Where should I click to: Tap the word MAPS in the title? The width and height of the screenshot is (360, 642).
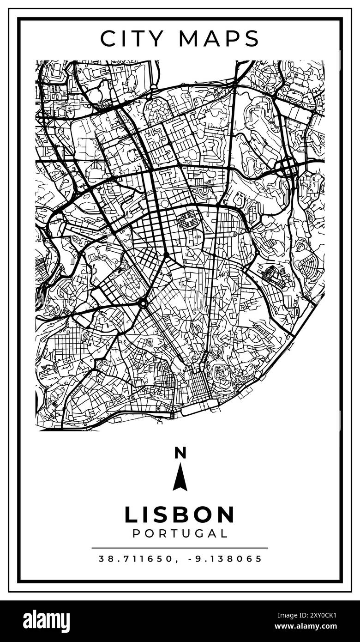(x=219, y=38)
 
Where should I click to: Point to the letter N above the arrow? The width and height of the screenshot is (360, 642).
(x=180, y=453)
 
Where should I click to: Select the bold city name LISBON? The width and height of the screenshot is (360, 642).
(x=180, y=515)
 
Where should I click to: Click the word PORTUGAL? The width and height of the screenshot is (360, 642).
(x=180, y=533)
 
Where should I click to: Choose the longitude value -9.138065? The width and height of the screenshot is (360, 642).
(x=225, y=558)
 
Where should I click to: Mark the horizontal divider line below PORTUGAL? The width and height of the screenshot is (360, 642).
(x=180, y=548)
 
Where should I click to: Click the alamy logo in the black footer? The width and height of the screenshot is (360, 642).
(x=47, y=621)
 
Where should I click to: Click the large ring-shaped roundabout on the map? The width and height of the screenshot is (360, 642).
(x=143, y=303)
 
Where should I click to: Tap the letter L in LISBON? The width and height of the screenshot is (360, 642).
(x=131, y=515)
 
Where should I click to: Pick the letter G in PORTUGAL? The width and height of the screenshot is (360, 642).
(x=196, y=533)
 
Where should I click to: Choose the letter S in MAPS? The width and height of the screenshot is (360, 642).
(x=252, y=38)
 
